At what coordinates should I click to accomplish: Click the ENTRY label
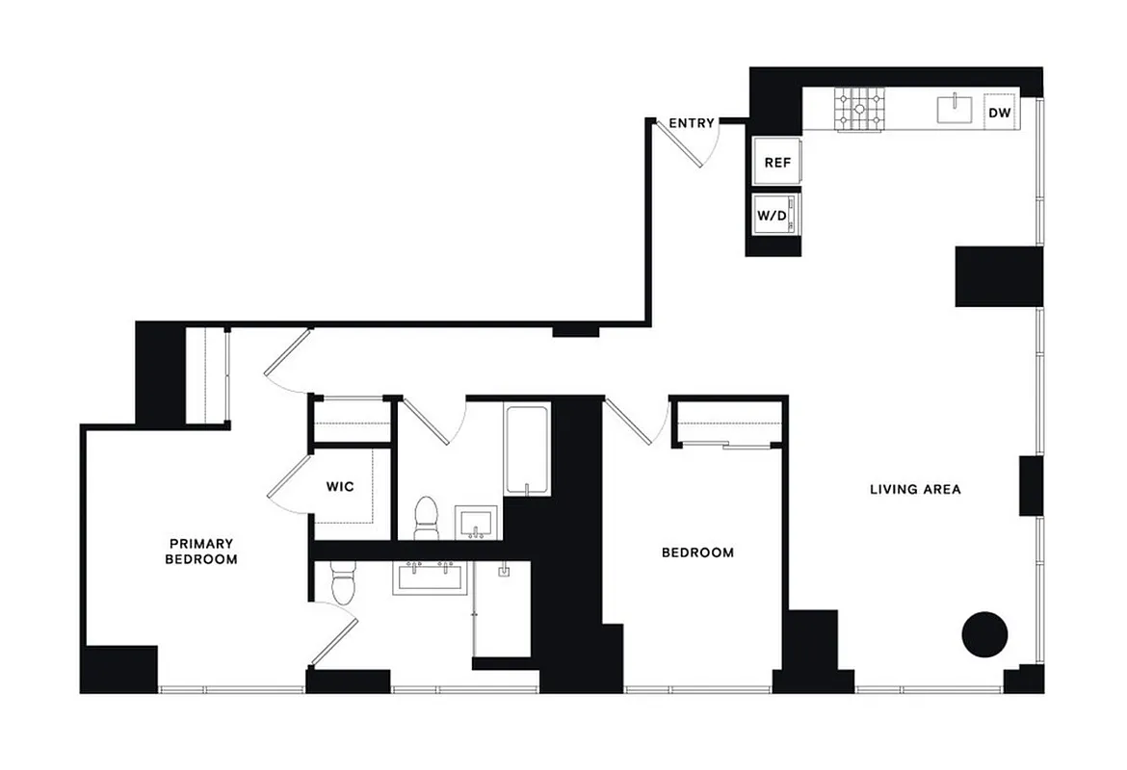pyautogui.click(x=692, y=123)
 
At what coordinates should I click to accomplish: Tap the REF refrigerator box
pyautogui.click(x=777, y=163)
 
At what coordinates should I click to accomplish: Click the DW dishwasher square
pyautogui.click(x=1000, y=114)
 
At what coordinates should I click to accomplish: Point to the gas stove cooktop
pyautogui.click(x=860, y=109)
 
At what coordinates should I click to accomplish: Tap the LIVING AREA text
pyautogui.click(x=915, y=489)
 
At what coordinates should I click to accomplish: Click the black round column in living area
pyautogui.click(x=984, y=634)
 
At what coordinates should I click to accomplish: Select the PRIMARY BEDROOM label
pyautogui.click(x=200, y=551)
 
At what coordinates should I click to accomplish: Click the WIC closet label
pyautogui.click(x=340, y=486)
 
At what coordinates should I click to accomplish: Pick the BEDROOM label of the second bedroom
pyautogui.click(x=697, y=552)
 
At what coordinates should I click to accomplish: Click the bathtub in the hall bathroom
pyautogui.click(x=527, y=450)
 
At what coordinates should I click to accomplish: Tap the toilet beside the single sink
pyautogui.click(x=425, y=519)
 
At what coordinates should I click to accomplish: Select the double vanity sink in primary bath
pyautogui.click(x=430, y=577)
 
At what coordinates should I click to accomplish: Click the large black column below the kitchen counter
pyautogui.click(x=999, y=277)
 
